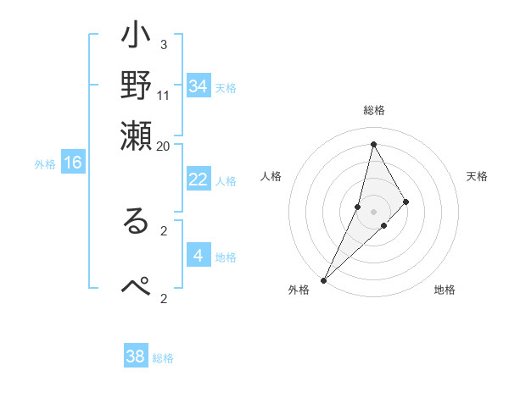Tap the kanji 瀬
tap(136, 136)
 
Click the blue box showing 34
tap(199, 86)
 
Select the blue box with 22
tap(199, 180)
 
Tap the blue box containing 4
tap(199, 256)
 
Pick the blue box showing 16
tap(73, 163)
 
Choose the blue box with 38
tap(136, 357)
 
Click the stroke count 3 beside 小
tap(163, 44)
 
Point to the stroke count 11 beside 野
tap(164, 94)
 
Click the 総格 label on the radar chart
tap(374, 111)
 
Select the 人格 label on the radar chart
tap(271, 176)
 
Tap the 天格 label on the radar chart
tap(478, 176)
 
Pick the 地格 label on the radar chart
tap(445, 290)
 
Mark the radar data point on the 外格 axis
tap(323, 279)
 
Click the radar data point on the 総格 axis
tap(373, 144)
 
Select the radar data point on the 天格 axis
tap(406, 202)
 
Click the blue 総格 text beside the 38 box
tap(163, 358)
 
